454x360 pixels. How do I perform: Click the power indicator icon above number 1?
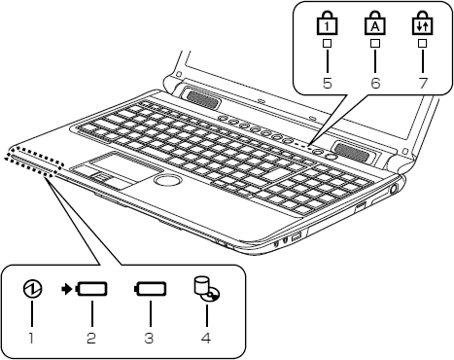33,289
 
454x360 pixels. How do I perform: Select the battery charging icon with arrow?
85,289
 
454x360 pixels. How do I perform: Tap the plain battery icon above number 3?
151,289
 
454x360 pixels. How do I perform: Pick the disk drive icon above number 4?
207,288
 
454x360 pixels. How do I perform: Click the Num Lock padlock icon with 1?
327,22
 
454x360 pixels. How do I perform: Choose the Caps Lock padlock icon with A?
375,22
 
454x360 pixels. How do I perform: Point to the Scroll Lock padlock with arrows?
423,22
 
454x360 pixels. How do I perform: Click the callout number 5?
328,83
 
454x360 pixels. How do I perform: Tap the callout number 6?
375,83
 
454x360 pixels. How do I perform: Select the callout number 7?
423,83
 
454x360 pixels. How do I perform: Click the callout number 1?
31,338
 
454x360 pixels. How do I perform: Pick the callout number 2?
91,338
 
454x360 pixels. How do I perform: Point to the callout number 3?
149,338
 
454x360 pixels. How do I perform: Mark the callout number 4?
206,338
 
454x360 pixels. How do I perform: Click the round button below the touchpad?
167,179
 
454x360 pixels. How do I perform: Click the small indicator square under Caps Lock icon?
375,43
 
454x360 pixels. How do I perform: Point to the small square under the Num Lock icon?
327,43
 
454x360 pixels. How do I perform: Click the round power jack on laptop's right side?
394,189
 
